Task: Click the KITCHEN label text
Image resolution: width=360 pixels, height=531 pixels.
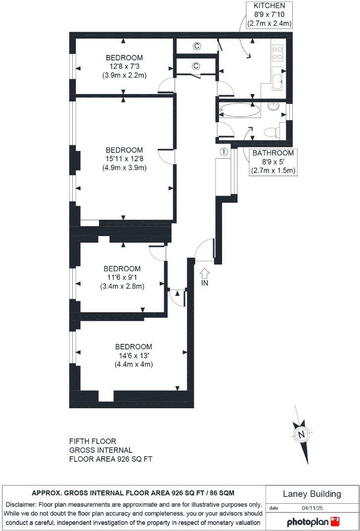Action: [x=269, y=5]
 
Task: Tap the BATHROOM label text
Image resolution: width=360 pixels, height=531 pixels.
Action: [x=273, y=153]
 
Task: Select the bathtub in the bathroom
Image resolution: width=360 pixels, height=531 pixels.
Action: [x=239, y=110]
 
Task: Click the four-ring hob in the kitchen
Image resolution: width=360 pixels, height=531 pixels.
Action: [x=277, y=53]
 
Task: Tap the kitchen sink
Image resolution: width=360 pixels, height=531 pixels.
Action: [x=277, y=79]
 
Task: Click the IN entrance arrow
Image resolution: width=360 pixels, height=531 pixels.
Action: [x=205, y=272]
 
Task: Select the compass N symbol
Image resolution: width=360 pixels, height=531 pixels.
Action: [x=300, y=435]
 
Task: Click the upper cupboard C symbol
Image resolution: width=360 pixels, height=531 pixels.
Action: [x=196, y=47]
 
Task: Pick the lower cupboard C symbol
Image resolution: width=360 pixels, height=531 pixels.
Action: [x=195, y=66]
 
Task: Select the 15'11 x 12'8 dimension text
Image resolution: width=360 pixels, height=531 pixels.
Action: [x=124, y=159]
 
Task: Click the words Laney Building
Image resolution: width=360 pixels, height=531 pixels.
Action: [x=312, y=494]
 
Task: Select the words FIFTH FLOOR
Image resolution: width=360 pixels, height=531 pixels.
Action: [x=92, y=441]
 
